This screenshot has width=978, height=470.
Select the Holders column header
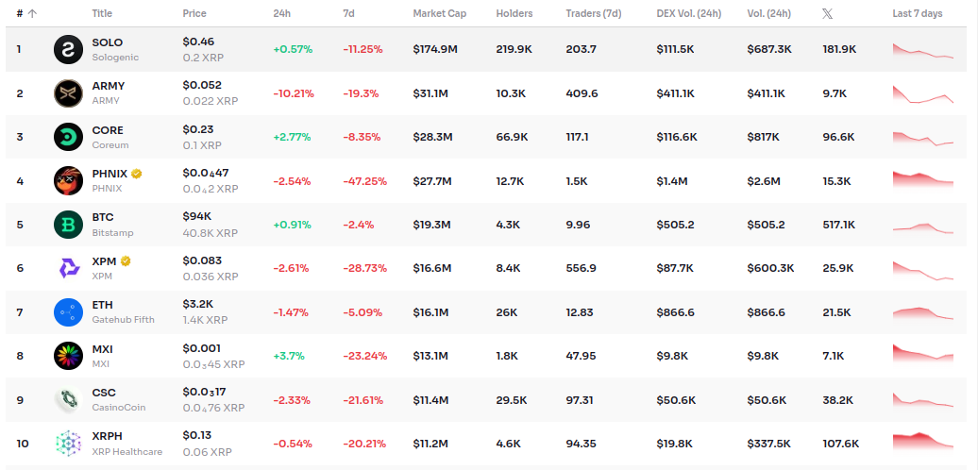[514, 13]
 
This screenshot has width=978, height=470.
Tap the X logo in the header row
[828, 13]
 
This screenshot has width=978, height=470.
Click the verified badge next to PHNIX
[137, 174]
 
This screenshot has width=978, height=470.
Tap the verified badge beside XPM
[125, 260]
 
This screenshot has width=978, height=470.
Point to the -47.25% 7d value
[364, 180]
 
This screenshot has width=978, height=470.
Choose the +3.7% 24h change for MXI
[289, 356]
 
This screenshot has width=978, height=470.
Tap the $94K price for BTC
[197, 217]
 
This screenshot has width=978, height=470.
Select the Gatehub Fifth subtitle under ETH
[123, 320]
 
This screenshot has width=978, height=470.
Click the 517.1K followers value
[839, 225]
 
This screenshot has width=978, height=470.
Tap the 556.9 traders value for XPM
[582, 268]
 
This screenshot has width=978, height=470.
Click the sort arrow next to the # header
[33, 13]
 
